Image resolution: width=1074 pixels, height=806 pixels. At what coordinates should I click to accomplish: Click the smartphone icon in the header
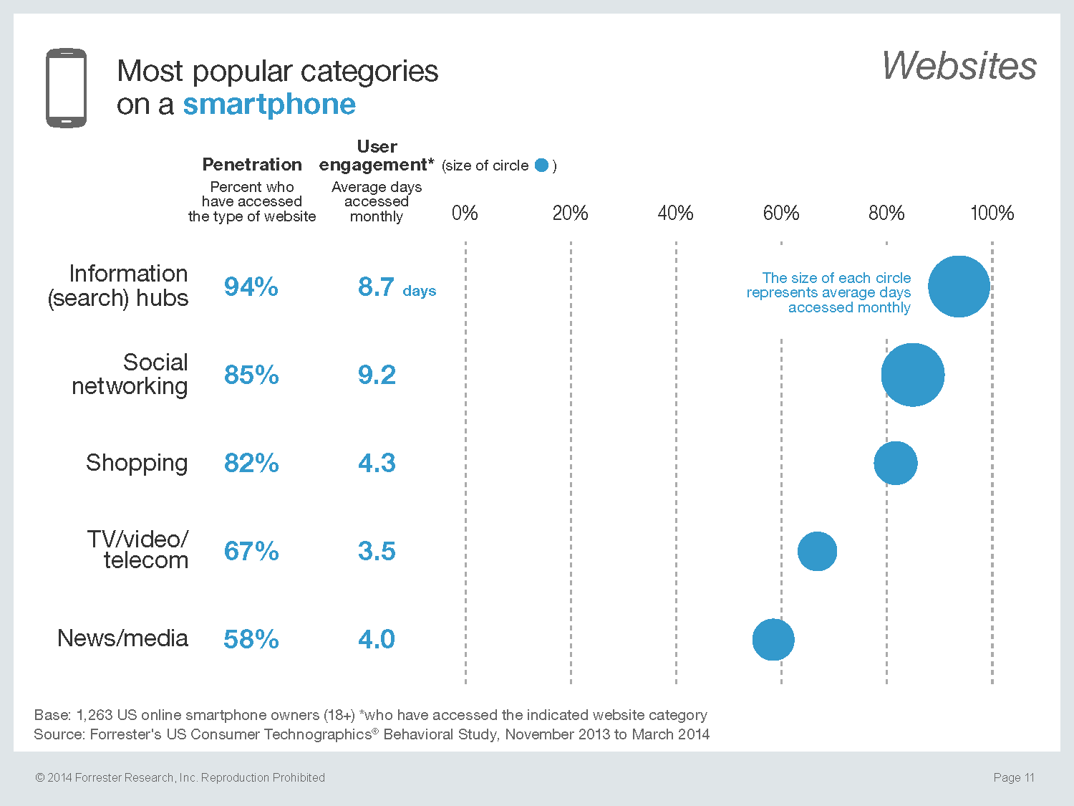67,88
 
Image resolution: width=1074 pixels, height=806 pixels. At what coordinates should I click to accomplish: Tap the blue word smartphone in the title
269,105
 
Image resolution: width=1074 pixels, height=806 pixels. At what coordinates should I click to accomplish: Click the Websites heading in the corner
959,66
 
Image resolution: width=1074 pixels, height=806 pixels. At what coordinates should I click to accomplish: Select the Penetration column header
252,165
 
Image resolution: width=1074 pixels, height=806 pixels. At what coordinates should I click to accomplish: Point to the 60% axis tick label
780,213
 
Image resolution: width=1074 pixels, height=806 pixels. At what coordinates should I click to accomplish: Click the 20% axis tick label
570,213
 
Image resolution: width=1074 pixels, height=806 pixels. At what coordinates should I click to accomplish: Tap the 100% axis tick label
992,213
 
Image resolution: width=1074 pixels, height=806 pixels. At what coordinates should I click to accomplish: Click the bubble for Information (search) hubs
959,287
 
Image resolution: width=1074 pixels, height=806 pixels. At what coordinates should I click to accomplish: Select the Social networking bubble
912,375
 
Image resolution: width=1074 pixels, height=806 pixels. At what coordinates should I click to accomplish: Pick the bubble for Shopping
895,463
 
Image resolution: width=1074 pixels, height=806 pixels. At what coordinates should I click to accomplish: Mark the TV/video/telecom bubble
817,552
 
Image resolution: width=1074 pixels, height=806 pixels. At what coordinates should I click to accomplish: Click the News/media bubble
773,639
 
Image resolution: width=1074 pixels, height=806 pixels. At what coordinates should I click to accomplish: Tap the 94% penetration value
251,287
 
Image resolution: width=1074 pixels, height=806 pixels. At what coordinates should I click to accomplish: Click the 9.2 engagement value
377,375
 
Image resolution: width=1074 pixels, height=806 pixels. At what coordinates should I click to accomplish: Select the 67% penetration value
251,552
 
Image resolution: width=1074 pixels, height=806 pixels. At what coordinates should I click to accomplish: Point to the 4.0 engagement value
377,640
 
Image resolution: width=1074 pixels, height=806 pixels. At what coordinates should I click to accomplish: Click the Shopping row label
137,464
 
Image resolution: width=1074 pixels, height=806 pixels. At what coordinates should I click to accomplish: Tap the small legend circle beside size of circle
541,165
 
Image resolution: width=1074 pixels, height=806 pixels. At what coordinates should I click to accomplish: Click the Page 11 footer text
1014,777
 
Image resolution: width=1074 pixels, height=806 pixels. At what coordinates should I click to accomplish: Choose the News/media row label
122,638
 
